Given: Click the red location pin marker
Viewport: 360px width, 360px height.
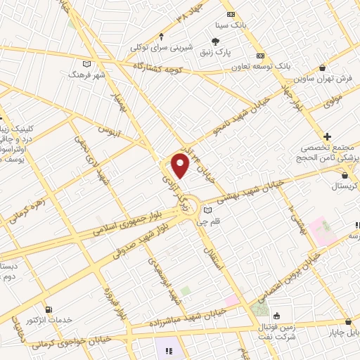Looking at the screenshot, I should tap(181, 165).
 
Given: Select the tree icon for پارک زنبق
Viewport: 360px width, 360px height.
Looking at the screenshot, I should tap(217, 41).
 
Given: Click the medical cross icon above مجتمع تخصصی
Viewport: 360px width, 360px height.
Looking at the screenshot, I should tap(328, 136).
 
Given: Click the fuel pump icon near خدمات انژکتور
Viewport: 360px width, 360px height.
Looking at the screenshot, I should tap(48, 309).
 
